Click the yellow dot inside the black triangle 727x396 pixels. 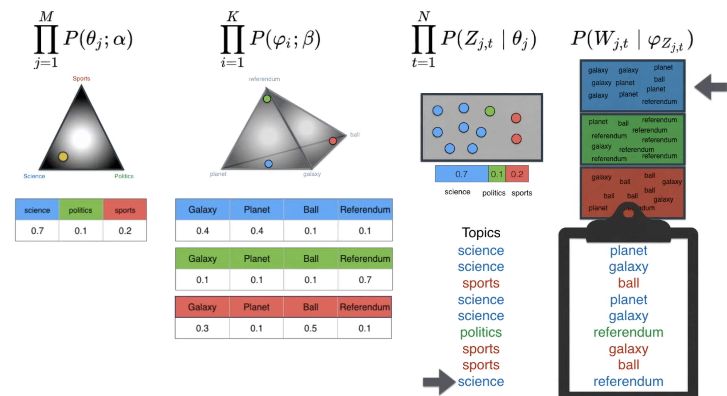coord(63,156)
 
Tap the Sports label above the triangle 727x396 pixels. coord(81,78)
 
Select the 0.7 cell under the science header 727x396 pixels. coord(37,231)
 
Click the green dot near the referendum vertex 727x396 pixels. coord(267,99)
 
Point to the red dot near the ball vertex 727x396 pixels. coord(333,141)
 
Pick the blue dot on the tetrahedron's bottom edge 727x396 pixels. coord(268,164)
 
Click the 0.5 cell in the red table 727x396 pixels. coord(310,328)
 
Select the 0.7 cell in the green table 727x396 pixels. coord(365,280)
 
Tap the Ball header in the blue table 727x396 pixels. coord(311,209)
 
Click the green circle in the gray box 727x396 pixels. coord(490,111)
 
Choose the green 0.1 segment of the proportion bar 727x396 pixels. coord(497,174)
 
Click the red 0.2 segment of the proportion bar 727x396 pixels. coord(517,174)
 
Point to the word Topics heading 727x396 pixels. coord(481,233)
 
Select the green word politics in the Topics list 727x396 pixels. coord(481,332)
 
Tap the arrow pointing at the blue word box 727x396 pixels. coord(711,87)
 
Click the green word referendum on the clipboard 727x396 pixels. coord(628,332)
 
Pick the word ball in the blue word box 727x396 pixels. coord(659,79)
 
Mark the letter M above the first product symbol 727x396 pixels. coord(46,16)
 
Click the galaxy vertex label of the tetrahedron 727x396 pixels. coord(312,174)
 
